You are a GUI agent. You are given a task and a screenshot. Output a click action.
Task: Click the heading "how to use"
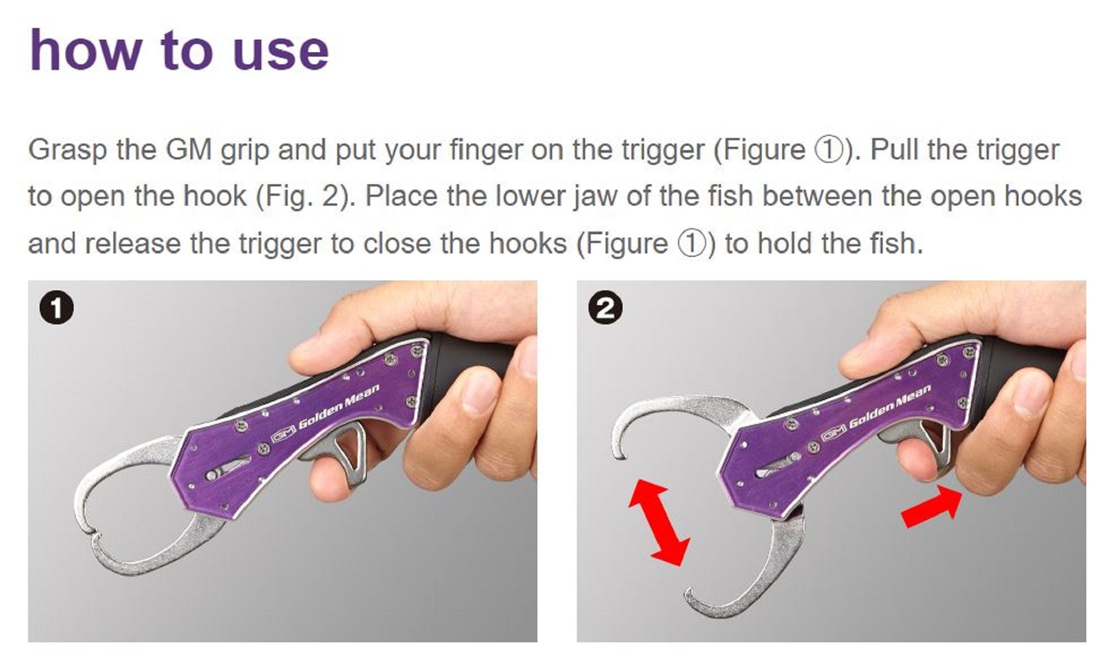tap(179, 51)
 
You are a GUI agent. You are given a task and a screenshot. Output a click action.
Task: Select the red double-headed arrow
tap(659, 522)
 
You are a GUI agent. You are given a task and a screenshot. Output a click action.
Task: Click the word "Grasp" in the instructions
tap(67, 150)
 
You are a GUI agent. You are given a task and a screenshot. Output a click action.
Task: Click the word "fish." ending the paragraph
tap(896, 244)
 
